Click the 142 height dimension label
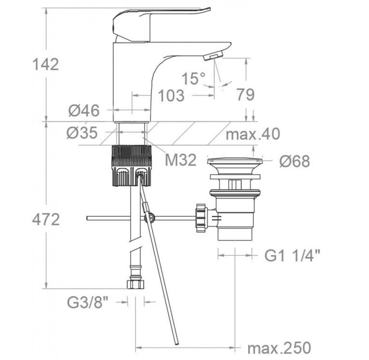click(x=45, y=64)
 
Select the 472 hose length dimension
click(x=46, y=219)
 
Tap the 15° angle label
click(x=193, y=78)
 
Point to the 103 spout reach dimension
click(x=171, y=96)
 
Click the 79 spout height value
click(x=245, y=95)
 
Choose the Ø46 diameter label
click(x=84, y=110)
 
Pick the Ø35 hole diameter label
click(x=82, y=132)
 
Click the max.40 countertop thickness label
click(x=253, y=134)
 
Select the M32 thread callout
click(x=181, y=160)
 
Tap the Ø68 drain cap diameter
click(x=295, y=161)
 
